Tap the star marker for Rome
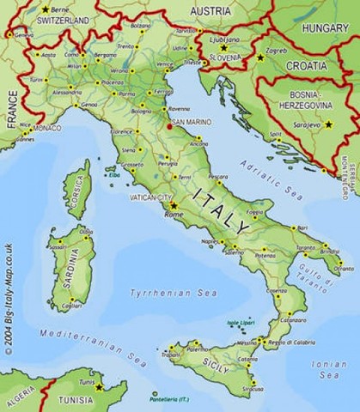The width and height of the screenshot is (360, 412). tap(174, 206)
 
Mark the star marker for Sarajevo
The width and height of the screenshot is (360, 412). tap(327, 124)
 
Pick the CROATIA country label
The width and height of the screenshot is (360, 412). tap(307, 65)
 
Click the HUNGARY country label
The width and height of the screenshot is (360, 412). tap(325, 27)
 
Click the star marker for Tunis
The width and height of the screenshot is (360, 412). tap(99, 386)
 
